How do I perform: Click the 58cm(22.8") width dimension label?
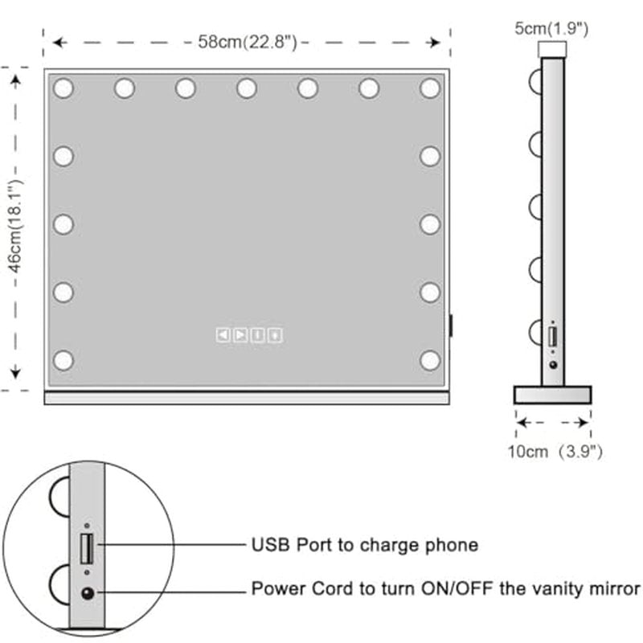(248, 42)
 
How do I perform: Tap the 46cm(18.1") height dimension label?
(16, 226)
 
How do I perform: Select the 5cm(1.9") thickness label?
(551, 29)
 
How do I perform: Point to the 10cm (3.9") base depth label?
(555, 452)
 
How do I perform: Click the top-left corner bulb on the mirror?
(63, 88)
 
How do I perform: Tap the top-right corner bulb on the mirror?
(430, 88)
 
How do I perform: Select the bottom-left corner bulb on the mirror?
(63, 360)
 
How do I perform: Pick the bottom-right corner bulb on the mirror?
(430, 360)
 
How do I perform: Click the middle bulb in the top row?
(247, 88)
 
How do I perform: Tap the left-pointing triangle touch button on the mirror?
(223, 335)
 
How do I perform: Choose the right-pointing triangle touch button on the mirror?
(240, 335)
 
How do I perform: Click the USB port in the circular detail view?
(87, 548)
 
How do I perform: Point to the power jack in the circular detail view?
(88, 593)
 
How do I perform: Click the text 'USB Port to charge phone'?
(365, 545)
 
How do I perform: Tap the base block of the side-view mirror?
(552, 395)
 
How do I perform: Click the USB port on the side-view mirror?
(552, 337)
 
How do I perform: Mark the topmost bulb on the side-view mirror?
(534, 81)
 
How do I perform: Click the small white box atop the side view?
(552, 49)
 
